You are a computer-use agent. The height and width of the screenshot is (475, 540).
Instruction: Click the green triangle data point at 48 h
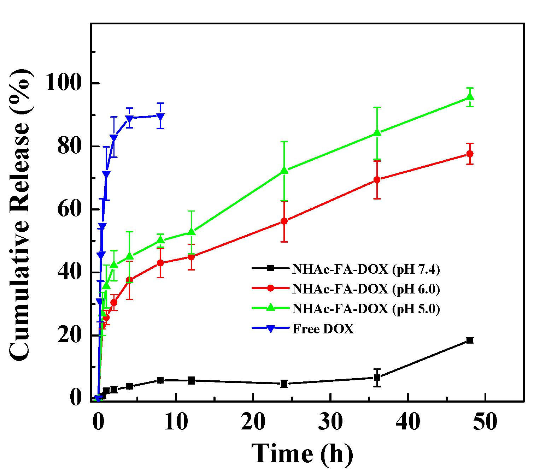click(x=470, y=97)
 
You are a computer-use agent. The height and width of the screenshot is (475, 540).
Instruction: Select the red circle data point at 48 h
click(x=470, y=154)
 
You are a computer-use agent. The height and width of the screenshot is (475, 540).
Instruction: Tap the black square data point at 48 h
click(x=470, y=340)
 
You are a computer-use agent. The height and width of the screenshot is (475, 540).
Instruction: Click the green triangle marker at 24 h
click(x=284, y=171)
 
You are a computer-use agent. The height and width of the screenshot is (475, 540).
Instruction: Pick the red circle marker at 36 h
click(x=377, y=180)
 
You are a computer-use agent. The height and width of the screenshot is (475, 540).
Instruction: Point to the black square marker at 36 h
click(x=377, y=378)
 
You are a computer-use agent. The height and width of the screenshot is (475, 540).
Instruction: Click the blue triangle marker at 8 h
click(x=160, y=117)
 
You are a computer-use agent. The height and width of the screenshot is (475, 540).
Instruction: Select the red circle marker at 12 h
click(x=191, y=257)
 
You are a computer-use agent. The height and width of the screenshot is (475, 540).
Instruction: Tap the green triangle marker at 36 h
click(x=377, y=133)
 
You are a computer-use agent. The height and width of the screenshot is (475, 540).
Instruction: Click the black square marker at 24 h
click(x=284, y=384)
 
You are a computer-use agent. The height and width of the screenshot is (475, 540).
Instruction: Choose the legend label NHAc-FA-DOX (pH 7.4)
click(x=366, y=269)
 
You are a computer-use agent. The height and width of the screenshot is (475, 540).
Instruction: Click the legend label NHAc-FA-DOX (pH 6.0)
click(x=366, y=289)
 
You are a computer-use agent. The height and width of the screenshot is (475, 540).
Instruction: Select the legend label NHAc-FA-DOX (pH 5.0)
click(x=366, y=309)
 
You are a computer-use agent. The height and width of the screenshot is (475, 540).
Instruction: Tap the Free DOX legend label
click(x=323, y=329)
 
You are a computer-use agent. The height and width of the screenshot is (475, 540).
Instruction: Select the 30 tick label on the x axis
click(x=330, y=422)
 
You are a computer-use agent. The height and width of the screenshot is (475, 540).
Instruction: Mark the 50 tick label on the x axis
click(x=485, y=422)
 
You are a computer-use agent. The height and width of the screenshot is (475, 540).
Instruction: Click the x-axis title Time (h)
click(x=302, y=453)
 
